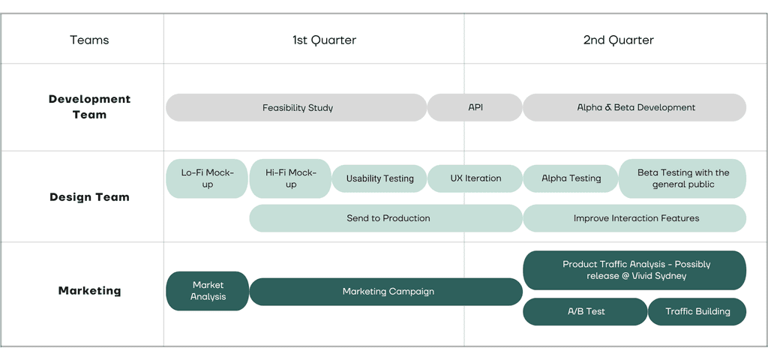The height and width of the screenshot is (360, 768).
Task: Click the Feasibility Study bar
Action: coord(296,108)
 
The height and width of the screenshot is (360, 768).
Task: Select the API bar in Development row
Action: coord(475,108)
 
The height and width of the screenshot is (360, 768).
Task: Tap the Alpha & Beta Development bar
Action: coord(634,108)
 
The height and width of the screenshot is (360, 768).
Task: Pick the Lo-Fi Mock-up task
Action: coord(207,178)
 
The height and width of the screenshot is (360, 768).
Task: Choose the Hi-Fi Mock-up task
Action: coord(290,178)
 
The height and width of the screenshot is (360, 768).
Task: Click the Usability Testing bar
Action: coord(379,178)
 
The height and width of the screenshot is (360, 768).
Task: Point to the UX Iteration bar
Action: coord(475,178)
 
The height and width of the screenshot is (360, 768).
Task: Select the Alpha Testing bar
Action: coord(571,178)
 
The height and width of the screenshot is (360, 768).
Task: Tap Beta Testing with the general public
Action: coord(682,178)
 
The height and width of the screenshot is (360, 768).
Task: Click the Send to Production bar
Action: coord(386,218)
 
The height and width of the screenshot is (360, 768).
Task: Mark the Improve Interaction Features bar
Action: coord(634,218)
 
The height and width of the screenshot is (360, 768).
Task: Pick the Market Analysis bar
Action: coord(208,291)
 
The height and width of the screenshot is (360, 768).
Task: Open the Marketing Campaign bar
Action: coord(386,292)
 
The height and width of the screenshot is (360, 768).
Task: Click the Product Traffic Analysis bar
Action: coord(634,270)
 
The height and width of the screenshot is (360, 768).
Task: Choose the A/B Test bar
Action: coord(585,311)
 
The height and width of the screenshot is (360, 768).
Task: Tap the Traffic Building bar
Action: coord(697,311)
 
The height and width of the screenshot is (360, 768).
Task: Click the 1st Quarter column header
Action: coord(324,40)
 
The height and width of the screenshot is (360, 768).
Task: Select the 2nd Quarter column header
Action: coord(618,40)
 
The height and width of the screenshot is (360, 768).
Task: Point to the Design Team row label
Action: coord(90,197)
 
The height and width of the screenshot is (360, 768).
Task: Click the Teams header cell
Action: coord(90,40)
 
